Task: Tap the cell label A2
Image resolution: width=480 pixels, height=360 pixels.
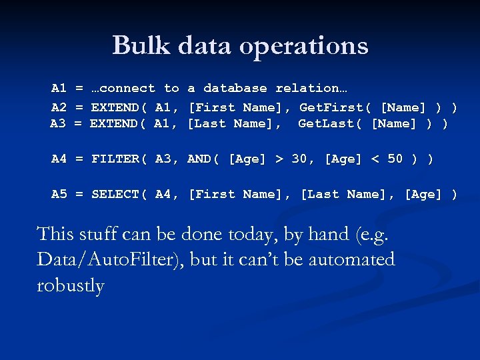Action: [x=59, y=107]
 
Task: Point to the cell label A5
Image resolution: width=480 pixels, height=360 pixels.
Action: [x=59, y=194]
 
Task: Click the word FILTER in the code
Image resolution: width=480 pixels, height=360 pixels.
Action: [x=115, y=159]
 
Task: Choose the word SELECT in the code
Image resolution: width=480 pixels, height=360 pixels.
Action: [x=115, y=194]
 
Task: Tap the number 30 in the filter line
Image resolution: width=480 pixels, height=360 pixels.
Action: [x=299, y=159]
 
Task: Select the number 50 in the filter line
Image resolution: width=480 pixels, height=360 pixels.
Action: [x=395, y=159]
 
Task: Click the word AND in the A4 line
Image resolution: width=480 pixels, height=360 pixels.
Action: [x=199, y=159]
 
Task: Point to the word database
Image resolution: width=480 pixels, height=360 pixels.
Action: [x=235, y=88]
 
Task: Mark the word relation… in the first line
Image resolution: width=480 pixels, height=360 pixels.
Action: [x=311, y=88]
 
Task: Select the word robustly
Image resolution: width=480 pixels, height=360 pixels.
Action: [x=71, y=285]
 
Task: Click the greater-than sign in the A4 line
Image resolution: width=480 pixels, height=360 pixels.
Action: [x=279, y=159]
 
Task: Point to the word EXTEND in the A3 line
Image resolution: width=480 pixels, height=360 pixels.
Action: [x=114, y=123]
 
